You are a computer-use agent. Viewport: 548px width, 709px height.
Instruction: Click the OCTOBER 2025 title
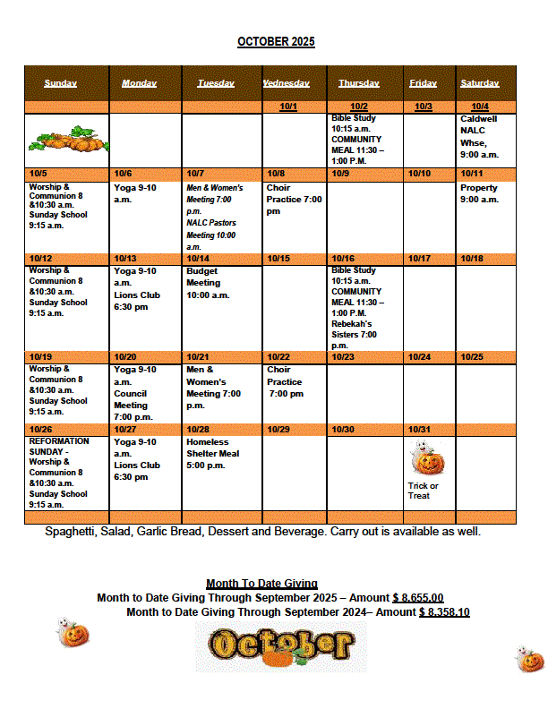pyautogui.click(x=276, y=42)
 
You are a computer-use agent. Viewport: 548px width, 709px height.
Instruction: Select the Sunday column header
pyautogui.click(x=60, y=83)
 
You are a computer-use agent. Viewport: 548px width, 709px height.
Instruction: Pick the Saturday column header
pyautogui.click(x=480, y=83)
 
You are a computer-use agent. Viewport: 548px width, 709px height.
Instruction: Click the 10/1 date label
pyautogui.click(x=288, y=107)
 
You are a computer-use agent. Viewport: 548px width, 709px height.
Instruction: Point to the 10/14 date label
pyautogui.click(x=197, y=259)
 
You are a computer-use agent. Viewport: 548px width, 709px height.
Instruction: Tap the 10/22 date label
pyautogui.click(x=278, y=357)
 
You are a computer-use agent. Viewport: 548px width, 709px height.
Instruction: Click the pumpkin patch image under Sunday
pyautogui.click(x=67, y=140)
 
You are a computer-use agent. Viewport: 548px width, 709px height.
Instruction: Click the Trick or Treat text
pyautogui.click(x=423, y=491)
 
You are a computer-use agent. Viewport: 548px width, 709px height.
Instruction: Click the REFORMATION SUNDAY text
pyautogui.click(x=59, y=446)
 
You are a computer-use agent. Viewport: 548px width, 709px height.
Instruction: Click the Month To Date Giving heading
pyautogui.click(x=261, y=584)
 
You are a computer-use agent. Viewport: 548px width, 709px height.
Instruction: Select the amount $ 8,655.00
pyautogui.click(x=418, y=598)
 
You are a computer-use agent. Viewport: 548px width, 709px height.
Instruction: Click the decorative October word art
pyautogui.click(x=280, y=645)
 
